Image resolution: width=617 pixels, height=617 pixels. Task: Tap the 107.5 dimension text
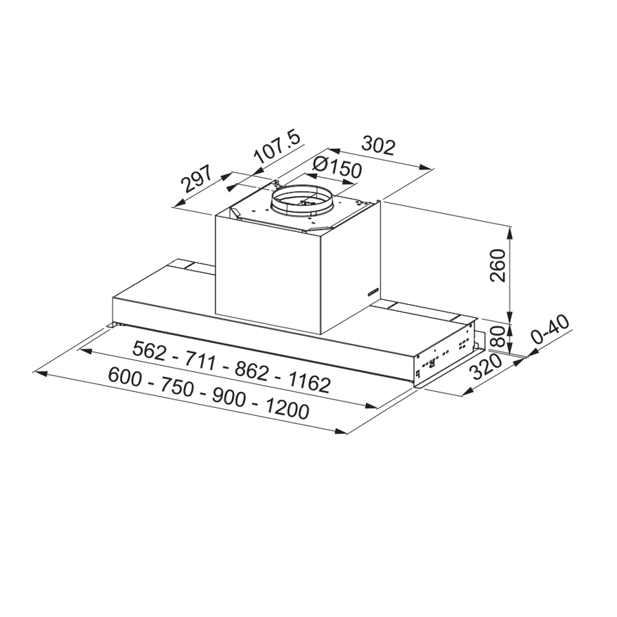click(277, 149)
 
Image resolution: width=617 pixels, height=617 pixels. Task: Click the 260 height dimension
click(499, 266)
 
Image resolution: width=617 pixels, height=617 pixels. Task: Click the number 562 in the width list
click(150, 351)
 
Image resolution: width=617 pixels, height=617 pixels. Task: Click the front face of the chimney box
click(268, 275)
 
